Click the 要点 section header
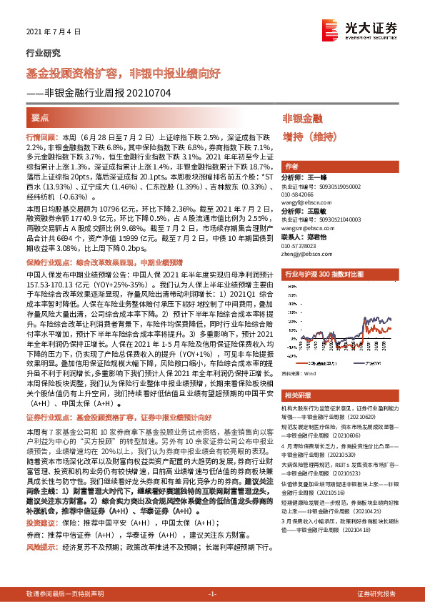[x=40, y=117]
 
